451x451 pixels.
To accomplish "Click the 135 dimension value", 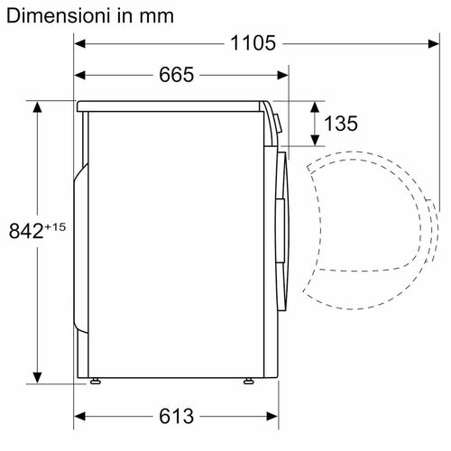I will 343,124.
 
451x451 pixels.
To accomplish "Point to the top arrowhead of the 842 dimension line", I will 38,106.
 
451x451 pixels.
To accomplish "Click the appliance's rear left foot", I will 95,382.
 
